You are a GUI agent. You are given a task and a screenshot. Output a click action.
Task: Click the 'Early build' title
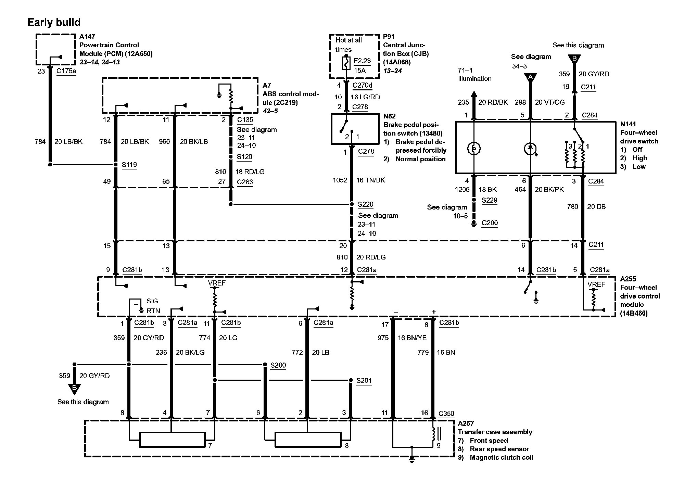pos(54,23)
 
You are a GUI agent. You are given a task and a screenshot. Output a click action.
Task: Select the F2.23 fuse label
pos(362,61)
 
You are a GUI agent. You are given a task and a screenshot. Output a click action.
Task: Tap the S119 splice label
pos(129,165)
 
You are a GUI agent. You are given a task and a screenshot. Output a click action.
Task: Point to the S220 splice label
pos(365,205)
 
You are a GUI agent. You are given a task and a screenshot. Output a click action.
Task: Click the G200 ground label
pos(490,223)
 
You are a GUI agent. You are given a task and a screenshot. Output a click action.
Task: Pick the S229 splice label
pos(489,201)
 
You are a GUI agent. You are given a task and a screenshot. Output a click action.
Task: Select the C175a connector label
pos(66,71)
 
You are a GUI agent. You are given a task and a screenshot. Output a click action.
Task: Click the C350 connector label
pos(446,414)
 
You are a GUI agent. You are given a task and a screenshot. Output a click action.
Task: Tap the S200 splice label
pos(278,365)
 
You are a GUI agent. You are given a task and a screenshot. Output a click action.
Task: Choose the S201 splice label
pos(364,381)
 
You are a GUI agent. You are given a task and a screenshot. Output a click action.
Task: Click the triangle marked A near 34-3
pos(530,77)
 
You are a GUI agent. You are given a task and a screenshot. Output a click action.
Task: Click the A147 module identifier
pos(87,37)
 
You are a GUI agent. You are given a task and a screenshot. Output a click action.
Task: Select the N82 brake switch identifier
pos(390,116)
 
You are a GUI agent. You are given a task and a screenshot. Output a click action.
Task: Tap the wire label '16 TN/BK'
pos(370,180)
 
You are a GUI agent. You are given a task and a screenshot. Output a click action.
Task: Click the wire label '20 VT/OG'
pos(550,102)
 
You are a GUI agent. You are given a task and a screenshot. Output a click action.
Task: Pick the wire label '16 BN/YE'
pos(412,338)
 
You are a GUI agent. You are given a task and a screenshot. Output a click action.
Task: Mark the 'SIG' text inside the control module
pos(152,301)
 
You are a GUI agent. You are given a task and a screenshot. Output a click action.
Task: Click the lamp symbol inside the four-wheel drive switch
pos(474,149)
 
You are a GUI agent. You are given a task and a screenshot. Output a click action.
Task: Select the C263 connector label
pos(245,182)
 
